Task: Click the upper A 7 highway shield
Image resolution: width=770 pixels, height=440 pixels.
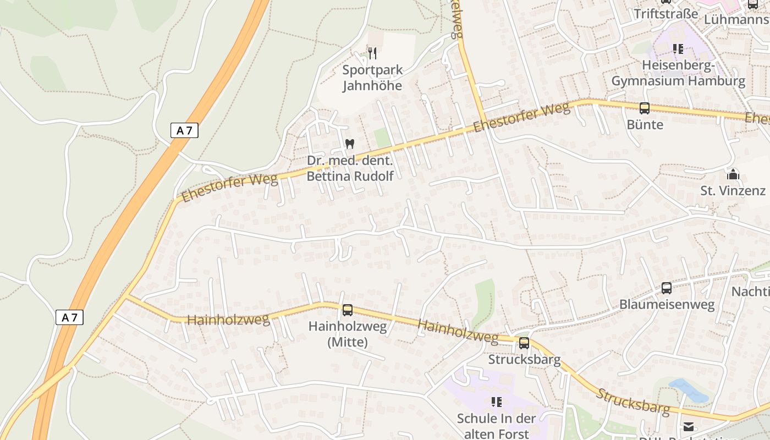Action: pos(184,130)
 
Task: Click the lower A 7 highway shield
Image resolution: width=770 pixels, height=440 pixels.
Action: pos(69,317)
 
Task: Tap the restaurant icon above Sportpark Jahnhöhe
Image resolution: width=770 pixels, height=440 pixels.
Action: pos(372,53)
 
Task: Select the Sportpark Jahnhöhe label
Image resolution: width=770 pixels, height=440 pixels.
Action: pos(372,78)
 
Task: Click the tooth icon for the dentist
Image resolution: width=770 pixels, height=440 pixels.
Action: pos(349,144)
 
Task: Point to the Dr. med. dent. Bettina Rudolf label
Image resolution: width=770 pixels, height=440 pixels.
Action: pos(350,168)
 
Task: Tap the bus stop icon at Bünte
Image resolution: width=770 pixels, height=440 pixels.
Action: pos(645,108)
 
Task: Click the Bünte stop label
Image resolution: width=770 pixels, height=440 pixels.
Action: pos(645,125)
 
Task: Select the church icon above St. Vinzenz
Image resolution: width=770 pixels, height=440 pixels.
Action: pos(733,175)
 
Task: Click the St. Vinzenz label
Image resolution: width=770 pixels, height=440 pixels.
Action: pos(733,191)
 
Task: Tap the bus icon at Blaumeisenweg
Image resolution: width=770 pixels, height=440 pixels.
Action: pos(666,288)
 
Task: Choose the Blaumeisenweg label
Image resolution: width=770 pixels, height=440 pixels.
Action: pos(667,304)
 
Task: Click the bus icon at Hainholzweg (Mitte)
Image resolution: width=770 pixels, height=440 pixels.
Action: pos(348,310)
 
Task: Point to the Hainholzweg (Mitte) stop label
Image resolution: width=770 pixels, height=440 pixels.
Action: pos(348,334)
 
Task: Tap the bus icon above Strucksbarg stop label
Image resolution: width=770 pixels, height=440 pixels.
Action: pos(524,343)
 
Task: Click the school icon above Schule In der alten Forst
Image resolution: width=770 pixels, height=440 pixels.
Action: pos(497,402)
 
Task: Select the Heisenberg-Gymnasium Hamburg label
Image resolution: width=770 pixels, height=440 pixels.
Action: pos(678,74)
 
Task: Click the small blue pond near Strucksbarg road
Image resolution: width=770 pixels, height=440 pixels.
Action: pos(687,390)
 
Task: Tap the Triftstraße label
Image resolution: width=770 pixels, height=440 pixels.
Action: pos(665,14)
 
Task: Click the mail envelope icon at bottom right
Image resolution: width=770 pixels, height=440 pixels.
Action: pos(689,426)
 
